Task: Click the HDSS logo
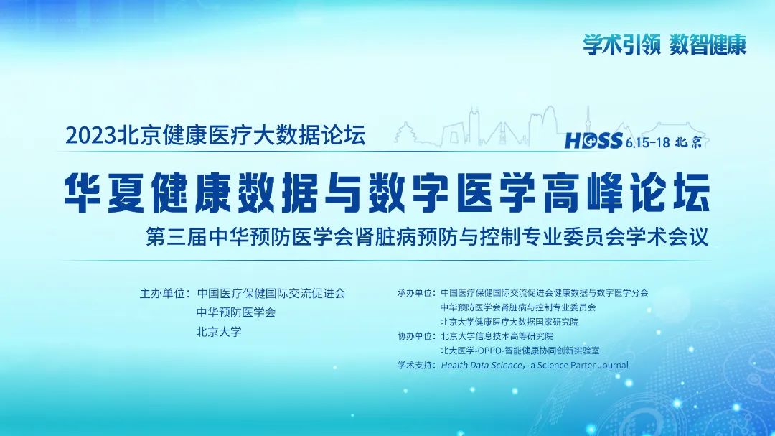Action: click(593, 141)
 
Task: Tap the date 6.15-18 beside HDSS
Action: click(647, 142)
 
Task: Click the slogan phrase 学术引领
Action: click(621, 45)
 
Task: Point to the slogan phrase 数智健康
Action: click(708, 45)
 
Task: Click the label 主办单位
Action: click(161, 294)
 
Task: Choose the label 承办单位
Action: click(414, 293)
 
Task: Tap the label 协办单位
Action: click(414, 336)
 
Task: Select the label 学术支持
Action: click(414, 365)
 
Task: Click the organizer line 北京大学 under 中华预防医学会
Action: click(219, 332)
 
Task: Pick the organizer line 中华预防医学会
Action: click(236, 312)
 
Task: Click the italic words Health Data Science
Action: click(482, 365)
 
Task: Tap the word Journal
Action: click(613, 365)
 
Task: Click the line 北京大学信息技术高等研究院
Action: click(497, 336)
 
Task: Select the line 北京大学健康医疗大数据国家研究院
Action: click(509, 322)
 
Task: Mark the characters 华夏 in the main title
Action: click(104, 193)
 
